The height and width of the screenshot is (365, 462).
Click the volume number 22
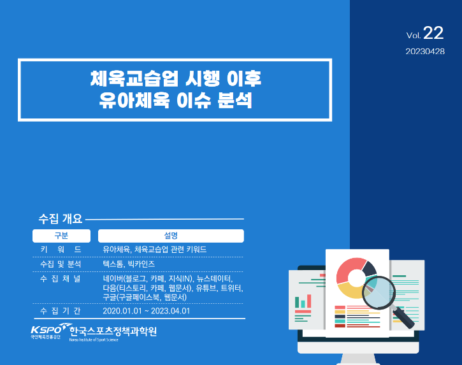click(433, 32)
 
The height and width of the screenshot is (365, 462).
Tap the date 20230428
click(425, 52)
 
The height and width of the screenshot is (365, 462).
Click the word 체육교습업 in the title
click(134, 78)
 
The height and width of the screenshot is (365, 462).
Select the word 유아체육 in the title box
click(134, 100)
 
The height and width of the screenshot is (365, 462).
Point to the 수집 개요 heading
click(61, 218)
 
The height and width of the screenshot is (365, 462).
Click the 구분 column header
click(61, 236)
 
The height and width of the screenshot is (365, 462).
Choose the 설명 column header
click(171, 236)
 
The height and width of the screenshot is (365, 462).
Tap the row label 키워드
click(61, 250)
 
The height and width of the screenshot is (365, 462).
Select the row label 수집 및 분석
click(61, 264)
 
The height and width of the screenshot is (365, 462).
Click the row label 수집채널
click(61, 278)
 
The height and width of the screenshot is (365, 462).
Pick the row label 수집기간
click(61, 311)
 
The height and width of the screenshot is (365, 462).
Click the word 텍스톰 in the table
click(113, 264)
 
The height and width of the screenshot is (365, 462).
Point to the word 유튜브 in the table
click(206, 288)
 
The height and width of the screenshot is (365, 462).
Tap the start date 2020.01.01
click(122, 311)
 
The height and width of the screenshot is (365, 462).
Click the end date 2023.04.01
click(170, 311)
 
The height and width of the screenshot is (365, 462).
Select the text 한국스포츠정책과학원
click(113, 331)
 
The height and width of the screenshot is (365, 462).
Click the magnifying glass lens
click(379, 292)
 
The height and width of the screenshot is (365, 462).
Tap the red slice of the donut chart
click(350, 268)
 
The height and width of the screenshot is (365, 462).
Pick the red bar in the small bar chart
click(309, 301)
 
